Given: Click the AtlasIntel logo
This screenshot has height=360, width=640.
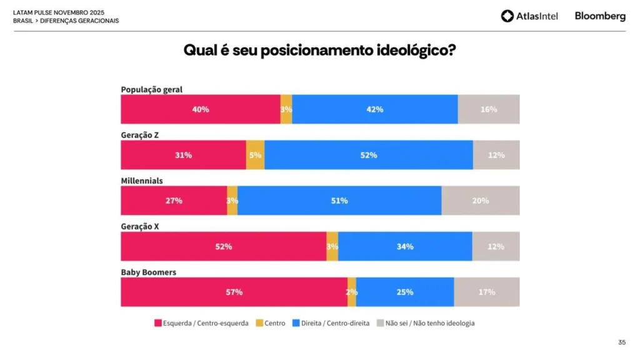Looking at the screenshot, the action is point(529,16).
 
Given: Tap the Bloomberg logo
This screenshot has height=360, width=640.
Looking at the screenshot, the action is point(600,16).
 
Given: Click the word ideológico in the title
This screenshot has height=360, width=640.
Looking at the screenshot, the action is point(416,50).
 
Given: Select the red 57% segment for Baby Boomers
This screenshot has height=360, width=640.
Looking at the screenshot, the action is point(234,292).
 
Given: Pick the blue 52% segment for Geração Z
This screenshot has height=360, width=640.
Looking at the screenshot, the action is point(369,155).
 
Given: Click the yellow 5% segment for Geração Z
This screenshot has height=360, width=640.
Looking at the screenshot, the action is point(255,155).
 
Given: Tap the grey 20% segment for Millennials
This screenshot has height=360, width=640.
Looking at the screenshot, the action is point(481,201).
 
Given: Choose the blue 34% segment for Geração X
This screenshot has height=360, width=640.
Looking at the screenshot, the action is point(405,246).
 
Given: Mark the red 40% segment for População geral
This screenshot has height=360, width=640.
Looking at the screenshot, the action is point(201,109).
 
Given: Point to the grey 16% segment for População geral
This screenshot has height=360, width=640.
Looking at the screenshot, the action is point(489,109).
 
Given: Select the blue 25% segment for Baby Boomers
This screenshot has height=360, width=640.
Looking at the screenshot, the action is point(405,292).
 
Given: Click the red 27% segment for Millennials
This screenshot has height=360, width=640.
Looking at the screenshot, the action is point(174,201).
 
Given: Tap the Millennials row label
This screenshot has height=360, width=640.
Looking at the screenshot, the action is point(142,181).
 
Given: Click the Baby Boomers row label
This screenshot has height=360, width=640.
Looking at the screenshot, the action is point(149,272).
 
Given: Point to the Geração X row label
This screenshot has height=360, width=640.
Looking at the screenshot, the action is point(139,226).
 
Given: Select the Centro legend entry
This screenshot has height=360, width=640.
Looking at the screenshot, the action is point(271,323).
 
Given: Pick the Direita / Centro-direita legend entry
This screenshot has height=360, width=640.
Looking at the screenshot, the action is point(331,323).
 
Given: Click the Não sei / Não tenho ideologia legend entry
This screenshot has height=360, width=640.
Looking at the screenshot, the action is point(425,323).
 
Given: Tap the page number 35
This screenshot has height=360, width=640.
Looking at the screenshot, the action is point(622,342).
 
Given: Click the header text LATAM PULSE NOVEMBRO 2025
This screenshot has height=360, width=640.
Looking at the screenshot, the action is point(59,12).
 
